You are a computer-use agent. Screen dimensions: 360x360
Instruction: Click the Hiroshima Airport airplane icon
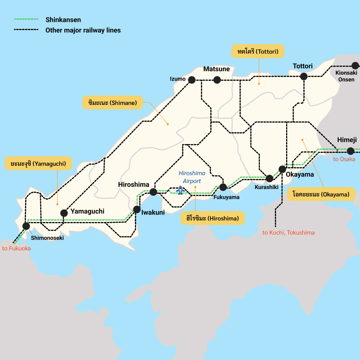pos(181,190)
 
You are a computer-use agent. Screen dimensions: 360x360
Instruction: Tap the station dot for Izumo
pos(192,79)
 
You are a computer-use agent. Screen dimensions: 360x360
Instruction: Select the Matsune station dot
pos(217,79)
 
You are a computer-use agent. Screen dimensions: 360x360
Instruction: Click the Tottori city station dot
pos(304,76)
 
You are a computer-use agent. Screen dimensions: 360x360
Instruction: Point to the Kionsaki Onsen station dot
pos(355,66)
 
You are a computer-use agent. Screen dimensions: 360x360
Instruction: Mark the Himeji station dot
pos(351,151)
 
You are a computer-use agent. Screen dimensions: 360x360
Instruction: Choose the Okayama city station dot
pos(282,169)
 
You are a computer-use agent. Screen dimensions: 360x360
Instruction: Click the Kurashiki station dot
pos(269,178)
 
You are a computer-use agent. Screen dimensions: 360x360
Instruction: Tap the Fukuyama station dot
pos(223,187)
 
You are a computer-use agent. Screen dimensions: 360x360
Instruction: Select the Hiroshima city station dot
pos(153,192)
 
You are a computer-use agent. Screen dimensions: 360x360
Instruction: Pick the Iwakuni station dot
pos(136,209)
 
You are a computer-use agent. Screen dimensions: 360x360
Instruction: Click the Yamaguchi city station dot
pos(64,213)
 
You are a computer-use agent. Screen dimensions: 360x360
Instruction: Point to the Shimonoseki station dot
pos(26,226)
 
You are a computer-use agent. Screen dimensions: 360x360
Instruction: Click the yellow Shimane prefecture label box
pos(112,102)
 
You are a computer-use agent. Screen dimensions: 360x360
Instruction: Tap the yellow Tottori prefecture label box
pos(258,51)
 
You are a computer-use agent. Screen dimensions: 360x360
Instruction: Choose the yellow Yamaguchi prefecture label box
pos(38,163)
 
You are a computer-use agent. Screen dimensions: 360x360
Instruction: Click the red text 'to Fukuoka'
pos(16,248)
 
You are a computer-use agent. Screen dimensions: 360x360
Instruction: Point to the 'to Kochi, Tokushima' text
pos(288,232)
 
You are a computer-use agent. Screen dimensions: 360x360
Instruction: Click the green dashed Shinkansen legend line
pos(26,19)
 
